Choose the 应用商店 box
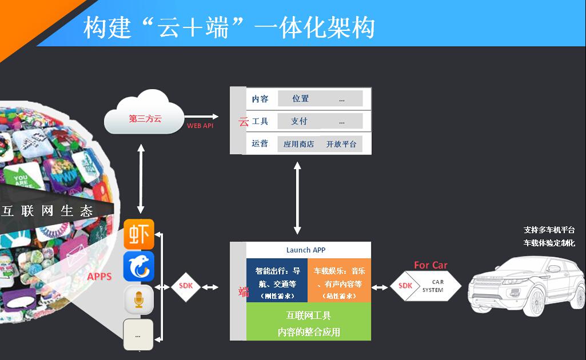pos(298,144)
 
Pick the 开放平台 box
pos(341,144)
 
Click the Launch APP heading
pos(306,250)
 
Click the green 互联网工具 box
pos(309,323)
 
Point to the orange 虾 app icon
pos(139,234)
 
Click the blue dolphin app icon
pos(139,267)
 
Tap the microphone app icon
pos(139,300)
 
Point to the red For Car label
pos(430,265)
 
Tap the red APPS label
pos(99,277)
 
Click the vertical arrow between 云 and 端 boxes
pos(297,198)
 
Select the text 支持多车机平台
pos(549,230)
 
